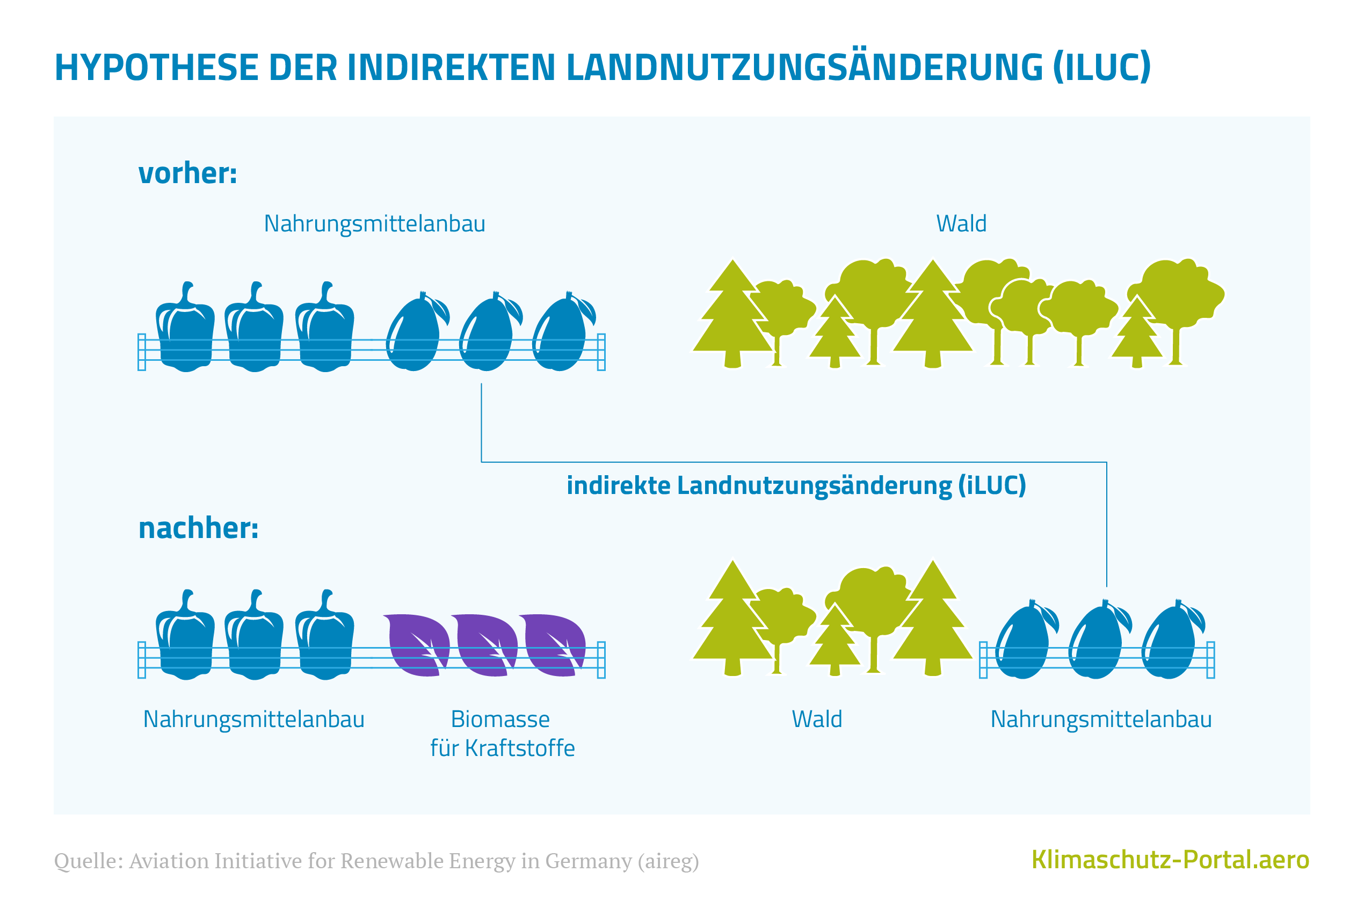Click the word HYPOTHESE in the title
156,67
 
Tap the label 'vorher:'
187,173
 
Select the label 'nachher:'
198,528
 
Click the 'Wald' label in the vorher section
961,223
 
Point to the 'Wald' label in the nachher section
816,719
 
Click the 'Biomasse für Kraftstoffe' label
502,733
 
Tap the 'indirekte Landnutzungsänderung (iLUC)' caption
796,485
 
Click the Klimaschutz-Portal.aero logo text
1170,860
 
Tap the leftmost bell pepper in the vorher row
185,335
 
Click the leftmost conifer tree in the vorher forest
732,317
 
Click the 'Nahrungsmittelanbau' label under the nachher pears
1101,719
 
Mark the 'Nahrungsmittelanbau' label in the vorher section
374,223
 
